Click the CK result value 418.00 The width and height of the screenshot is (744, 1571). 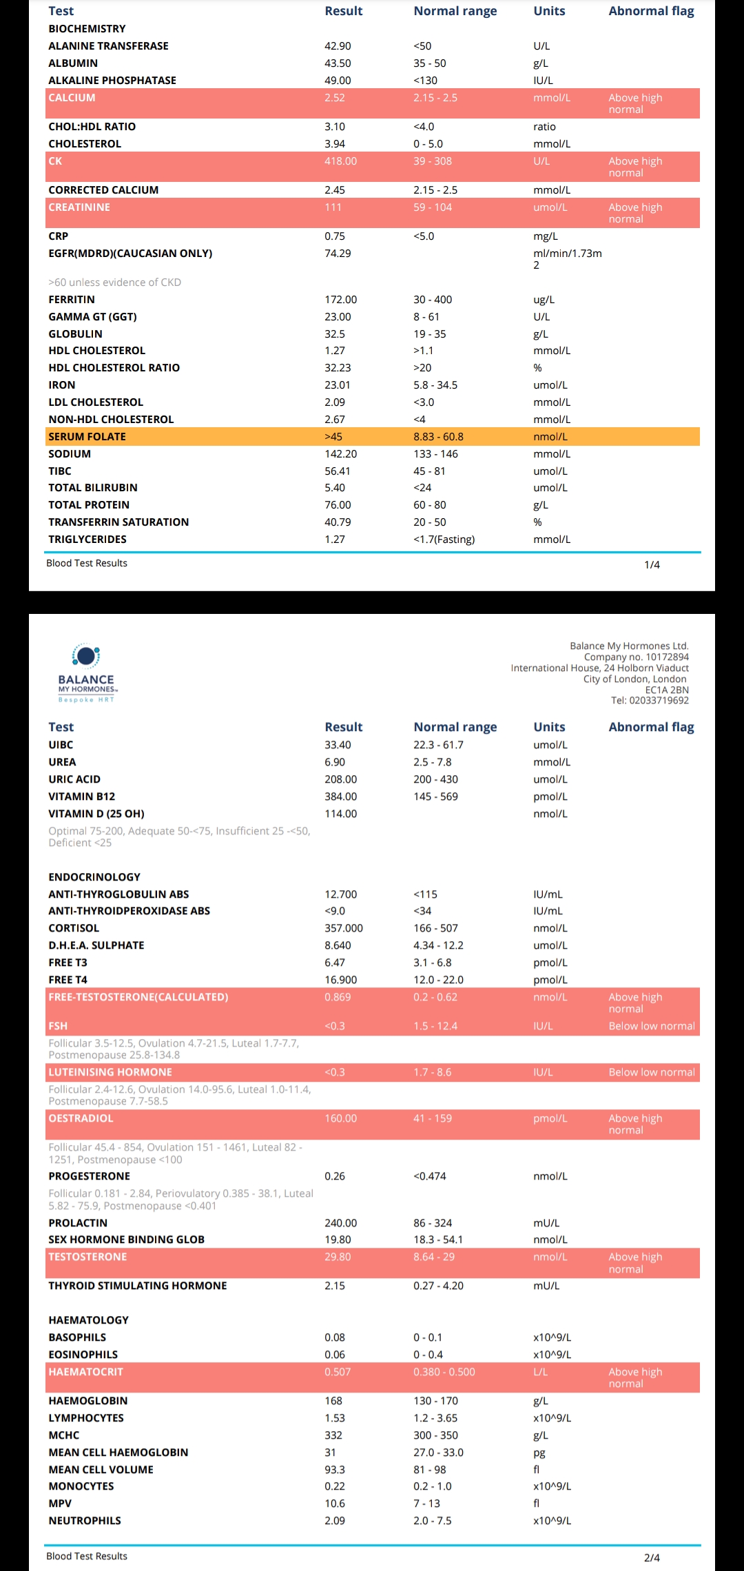click(x=340, y=161)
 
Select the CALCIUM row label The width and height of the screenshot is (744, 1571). click(x=72, y=98)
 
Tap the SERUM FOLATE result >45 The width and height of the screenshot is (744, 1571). click(x=333, y=437)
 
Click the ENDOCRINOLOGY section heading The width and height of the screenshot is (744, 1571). click(x=94, y=877)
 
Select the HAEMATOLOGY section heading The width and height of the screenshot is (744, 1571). click(x=88, y=1320)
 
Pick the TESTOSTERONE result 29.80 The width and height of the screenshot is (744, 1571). click(x=338, y=1257)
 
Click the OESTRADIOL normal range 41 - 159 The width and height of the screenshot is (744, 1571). click(x=433, y=1118)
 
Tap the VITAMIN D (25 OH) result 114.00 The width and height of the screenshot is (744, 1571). click(x=340, y=814)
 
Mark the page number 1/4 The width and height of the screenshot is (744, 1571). click(x=652, y=565)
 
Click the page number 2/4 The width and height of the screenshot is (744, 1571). click(x=652, y=1558)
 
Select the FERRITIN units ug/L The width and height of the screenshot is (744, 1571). click(x=544, y=300)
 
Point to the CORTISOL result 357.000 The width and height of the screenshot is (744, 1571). click(x=343, y=928)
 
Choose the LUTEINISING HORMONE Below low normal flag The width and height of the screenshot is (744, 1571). click(x=652, y=1072)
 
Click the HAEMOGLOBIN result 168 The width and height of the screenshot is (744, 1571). click(x=333, y=1401)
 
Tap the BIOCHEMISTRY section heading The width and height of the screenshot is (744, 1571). click(x=87, y=29)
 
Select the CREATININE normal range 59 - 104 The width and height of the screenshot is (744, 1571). click(x=433, y=207)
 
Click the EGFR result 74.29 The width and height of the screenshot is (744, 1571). click(x=338, y=254)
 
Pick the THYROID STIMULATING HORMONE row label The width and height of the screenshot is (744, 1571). click(x=137, y=1286)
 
